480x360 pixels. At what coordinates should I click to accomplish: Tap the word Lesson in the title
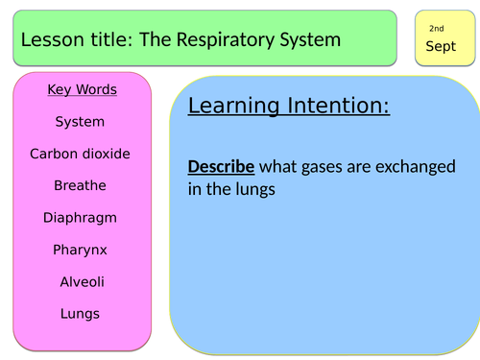pos(48,39)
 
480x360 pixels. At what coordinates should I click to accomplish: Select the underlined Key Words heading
pos(82,90)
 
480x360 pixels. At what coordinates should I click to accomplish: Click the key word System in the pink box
pos(80,122)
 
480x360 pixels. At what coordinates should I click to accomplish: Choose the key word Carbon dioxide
pos(80,154)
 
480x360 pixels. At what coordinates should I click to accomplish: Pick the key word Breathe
pos(80,185)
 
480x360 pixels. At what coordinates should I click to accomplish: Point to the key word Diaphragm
pos(80,218)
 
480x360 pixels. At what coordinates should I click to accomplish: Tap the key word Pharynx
pos(80,250)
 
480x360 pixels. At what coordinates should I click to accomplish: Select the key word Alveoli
pos(80,281)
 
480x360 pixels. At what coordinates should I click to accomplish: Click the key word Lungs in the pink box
pos(80,313)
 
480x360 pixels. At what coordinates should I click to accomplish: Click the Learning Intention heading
pos(289,106)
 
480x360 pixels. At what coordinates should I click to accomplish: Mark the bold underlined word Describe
pos(221,167)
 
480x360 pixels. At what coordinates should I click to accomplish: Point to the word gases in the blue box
pos(327,167)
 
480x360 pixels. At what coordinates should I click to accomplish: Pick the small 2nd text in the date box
pos(436,29)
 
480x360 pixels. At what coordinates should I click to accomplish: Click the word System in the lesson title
pos(309,39)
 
